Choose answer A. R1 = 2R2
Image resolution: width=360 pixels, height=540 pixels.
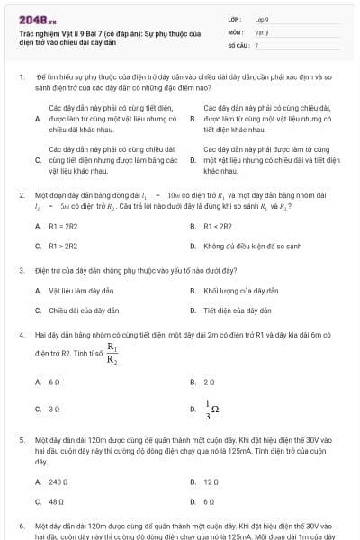(58, 226)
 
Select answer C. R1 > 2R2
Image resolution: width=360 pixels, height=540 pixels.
(58, 245)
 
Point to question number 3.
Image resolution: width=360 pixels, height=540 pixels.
(21, 270)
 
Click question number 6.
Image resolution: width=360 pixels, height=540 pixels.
(21, 525)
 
